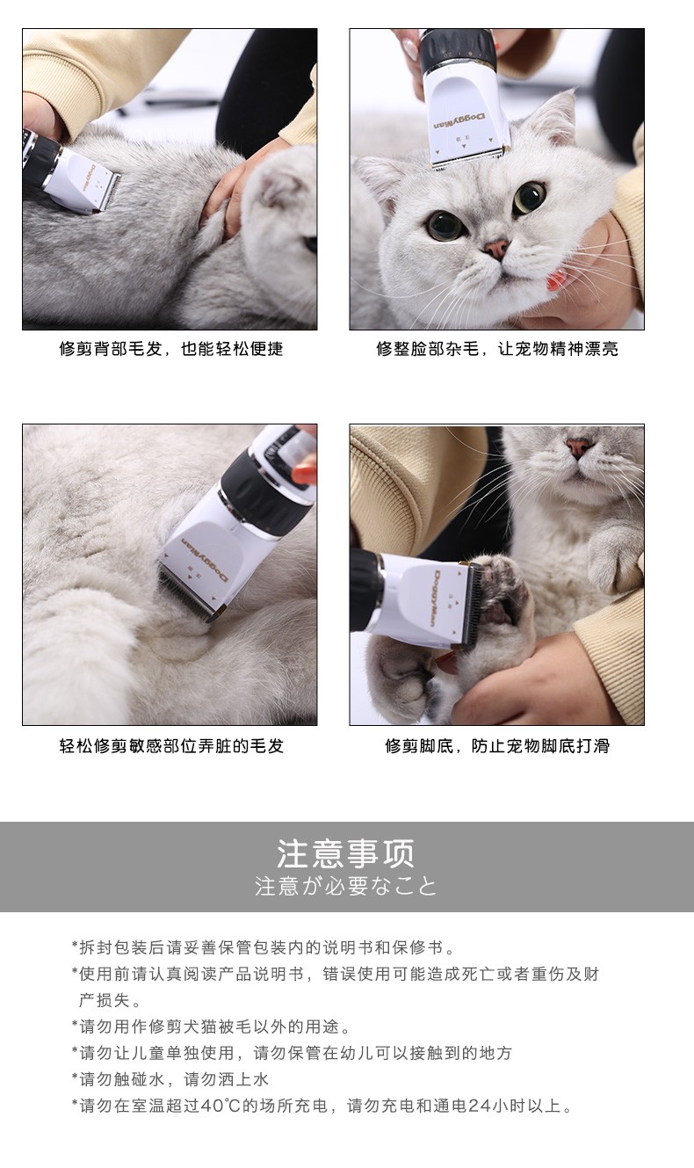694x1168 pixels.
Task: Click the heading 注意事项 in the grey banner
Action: [x=345, y=853]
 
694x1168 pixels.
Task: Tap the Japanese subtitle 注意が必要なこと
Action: [x=345, y=886]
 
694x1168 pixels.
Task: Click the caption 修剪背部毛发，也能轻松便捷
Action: [x=171, y=349]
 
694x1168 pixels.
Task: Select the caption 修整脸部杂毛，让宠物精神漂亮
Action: [x=497, y=349]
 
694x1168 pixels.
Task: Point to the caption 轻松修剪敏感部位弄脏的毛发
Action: [x=171, y=745]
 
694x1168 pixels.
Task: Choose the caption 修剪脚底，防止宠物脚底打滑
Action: [x=497, y=745]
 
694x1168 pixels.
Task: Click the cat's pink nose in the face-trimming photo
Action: [x=495, y=248]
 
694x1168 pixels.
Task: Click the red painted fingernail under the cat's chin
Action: [x=555, y=280]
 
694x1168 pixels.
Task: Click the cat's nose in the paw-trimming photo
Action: [x=579, y=446]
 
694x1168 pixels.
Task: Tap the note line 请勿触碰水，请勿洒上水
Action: [x=170, y=1079]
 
